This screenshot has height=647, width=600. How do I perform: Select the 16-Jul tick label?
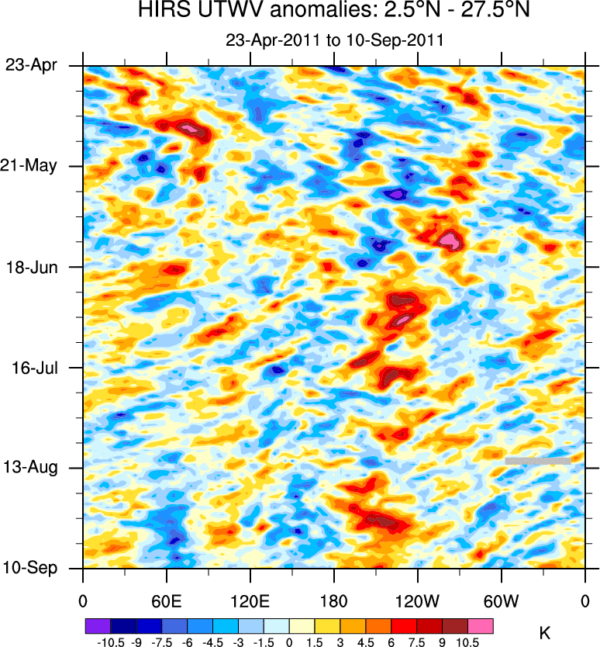point(32,367)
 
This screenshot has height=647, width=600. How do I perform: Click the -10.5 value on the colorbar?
point(112,642)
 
